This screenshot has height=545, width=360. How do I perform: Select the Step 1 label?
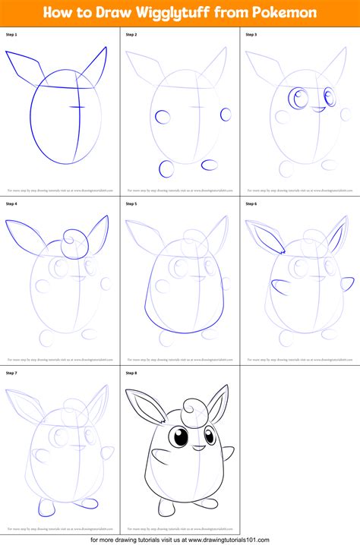11,35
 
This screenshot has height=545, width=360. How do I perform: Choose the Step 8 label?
131,373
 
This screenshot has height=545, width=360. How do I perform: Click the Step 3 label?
251,35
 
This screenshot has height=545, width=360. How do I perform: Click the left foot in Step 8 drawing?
156,515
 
